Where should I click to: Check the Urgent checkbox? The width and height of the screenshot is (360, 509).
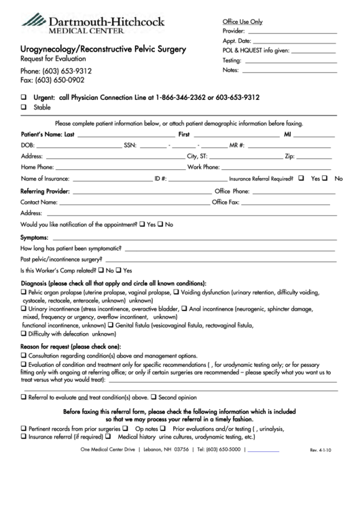pos(24,97)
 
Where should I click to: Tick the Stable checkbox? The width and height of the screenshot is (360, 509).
pos(24,107)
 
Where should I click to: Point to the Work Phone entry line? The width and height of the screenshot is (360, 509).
pos(278,167)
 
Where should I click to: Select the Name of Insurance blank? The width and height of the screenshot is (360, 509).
pos(112,179)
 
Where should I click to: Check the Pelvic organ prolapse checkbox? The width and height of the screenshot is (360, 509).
pos(24,292)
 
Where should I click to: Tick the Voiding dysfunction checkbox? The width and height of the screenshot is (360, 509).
pos(176,292)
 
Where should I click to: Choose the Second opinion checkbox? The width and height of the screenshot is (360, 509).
pos(154,396)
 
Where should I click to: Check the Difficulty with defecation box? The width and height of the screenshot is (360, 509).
pos(24,334)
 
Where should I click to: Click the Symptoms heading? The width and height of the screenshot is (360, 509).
pos(34,239)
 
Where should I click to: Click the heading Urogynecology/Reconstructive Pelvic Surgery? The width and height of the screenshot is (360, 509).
pos(103,50)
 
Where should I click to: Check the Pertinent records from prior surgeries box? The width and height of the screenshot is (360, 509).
pos(24,429)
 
